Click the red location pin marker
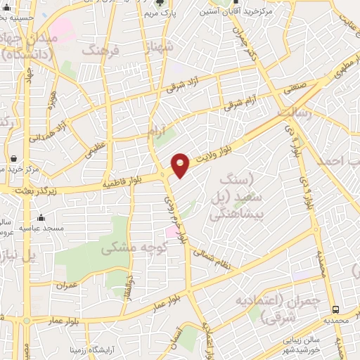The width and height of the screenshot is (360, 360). (181, 165)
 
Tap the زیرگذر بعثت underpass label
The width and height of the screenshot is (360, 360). (27, 190)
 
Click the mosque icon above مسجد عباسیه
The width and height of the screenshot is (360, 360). (41, 217)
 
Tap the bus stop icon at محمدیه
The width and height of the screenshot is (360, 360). (337, 309)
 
